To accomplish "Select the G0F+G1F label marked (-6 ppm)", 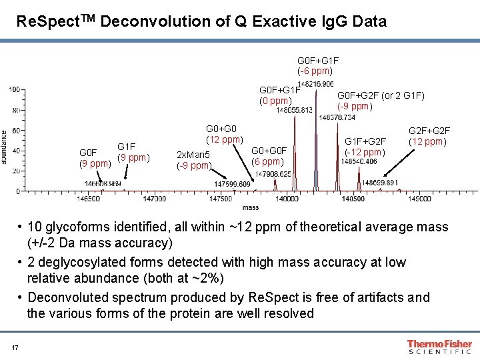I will (315, 65).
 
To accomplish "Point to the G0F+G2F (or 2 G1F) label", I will (381, 100).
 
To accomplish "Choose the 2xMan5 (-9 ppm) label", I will (193, 160).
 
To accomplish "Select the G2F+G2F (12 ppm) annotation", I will (429, 136).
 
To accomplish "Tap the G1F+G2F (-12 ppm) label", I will (365, 147).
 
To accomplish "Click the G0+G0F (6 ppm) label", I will (269, 156).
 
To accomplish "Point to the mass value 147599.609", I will (232, 184).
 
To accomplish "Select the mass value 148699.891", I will (379, 183).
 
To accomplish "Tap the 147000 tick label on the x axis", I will (155, 198).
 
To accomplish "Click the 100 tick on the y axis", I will (13, 89).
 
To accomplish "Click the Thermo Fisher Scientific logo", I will (439, 347).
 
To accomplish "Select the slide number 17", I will (14, 347).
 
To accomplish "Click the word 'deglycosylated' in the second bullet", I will (82, 262).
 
